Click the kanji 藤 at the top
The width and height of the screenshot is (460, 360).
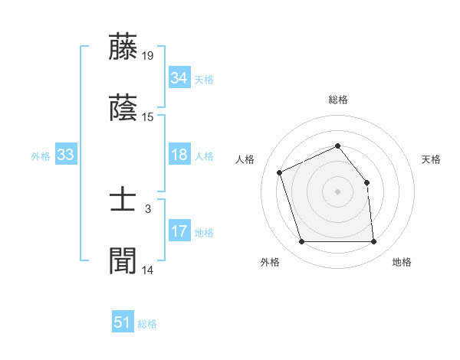(124, 47)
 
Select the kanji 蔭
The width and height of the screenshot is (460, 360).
(124, 109)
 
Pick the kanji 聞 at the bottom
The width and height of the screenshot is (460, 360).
(124, 261)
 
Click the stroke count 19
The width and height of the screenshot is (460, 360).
(148, 56)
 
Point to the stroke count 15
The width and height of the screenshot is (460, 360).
(148, 117)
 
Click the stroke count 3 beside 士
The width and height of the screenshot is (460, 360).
(148, 208)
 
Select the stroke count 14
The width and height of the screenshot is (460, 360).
(148, 270)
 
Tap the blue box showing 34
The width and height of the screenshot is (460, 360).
(179, 78)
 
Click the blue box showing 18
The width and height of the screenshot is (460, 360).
(179, 155)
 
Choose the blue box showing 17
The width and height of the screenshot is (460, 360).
(179, 231)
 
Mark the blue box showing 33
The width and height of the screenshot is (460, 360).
(65, 155)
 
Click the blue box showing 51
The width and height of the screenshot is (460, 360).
(123, 322)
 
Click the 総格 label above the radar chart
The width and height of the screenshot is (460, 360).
(338, 100)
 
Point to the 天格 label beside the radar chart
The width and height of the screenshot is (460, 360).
(432, 159)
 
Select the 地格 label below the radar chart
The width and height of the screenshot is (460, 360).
(402, 263)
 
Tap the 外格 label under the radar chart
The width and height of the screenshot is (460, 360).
(270, 263)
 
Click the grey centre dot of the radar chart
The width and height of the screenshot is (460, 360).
(337, 191)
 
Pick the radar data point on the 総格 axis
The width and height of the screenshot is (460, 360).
(337, 146)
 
